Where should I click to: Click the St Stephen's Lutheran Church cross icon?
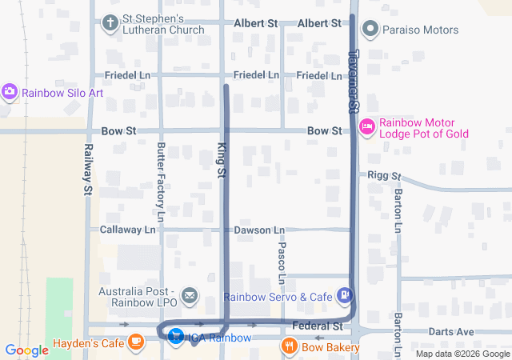(110, 22)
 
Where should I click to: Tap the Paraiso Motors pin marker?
(370, 30)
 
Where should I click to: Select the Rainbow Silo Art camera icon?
(10, 92)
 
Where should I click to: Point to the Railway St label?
(88, 170)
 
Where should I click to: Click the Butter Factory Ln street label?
(161, 182)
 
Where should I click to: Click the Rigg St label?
(384, 176)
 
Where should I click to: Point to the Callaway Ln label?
(128, 230)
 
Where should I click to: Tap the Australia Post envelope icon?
(190, 297)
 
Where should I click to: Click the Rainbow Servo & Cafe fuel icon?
(345, 296)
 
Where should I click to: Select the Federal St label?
(318, 326)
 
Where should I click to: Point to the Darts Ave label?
(452, 331)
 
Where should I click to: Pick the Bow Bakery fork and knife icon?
(290, 346)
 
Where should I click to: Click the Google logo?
(27, 350)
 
